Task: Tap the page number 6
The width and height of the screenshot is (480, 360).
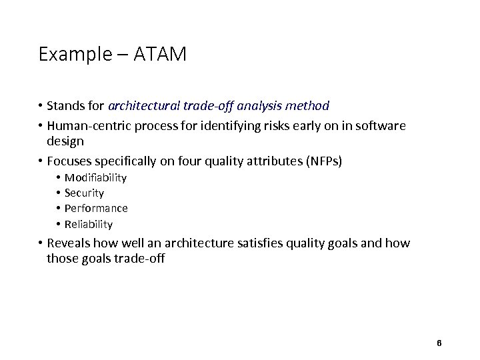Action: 439,343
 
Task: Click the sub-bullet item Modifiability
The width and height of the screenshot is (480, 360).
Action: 95,177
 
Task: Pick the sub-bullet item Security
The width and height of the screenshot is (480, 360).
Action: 84,193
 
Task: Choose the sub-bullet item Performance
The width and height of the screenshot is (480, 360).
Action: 96,208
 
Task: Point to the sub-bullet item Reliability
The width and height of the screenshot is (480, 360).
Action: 89,224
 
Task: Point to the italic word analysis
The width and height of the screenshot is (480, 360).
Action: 261,105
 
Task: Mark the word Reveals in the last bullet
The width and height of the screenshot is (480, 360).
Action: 69,244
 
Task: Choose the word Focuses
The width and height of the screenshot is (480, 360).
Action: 69,161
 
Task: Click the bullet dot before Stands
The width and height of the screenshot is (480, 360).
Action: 41,106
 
